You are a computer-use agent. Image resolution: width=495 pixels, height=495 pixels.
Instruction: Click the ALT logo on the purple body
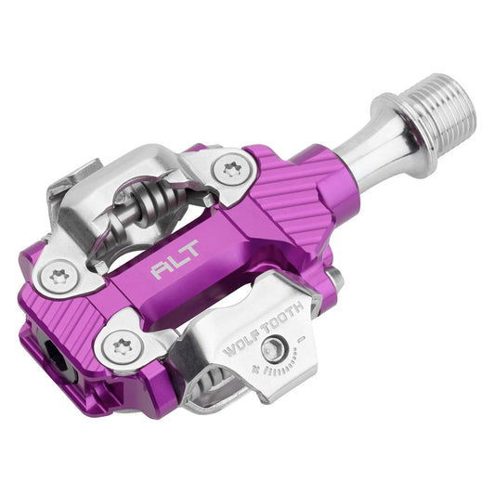[176, 259]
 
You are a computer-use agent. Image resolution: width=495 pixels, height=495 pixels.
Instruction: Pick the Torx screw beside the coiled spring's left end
[59, 277]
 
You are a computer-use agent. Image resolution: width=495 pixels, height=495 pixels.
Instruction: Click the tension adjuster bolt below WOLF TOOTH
[274, 350]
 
